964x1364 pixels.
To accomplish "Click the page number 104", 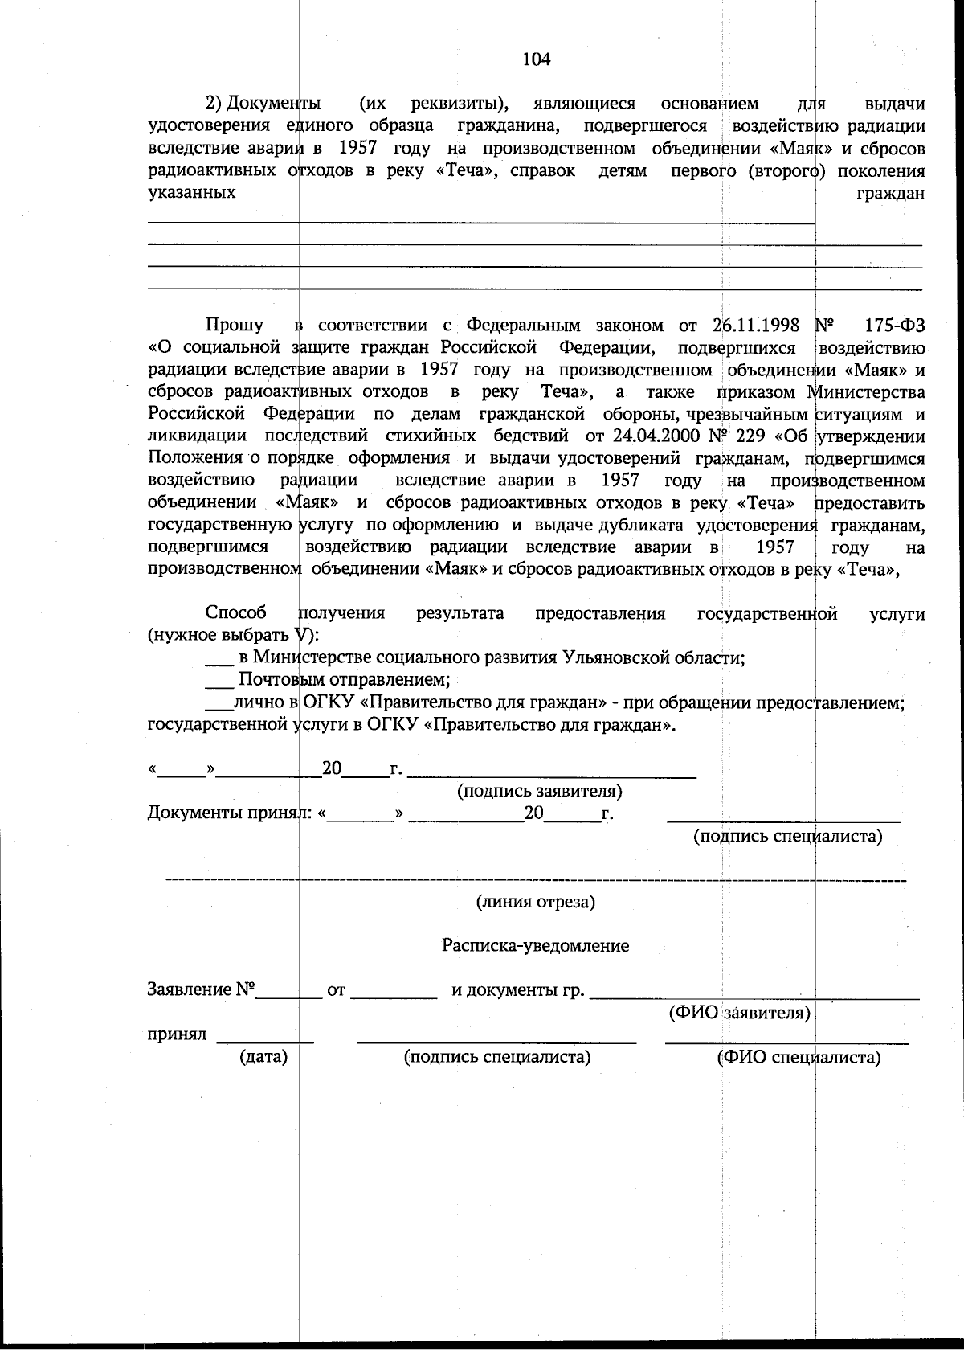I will (536, 59).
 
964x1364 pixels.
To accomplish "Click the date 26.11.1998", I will (756, 325).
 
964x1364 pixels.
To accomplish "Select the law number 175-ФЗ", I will (896, 325).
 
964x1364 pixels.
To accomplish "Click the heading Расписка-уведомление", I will (535, 945).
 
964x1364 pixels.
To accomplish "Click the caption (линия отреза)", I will (535, 901).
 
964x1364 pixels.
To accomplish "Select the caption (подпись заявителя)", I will (540, 791).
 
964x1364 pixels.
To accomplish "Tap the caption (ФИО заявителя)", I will (739, 1013).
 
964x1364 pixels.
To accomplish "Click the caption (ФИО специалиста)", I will (799, 1057).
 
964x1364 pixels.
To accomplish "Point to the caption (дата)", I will (263, 1057).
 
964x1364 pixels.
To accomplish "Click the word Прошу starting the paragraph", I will (235, 325).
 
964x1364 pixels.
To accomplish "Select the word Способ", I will (236, 613).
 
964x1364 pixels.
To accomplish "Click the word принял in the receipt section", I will (177, 1034).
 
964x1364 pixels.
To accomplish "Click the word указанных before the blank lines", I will (192, 193).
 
